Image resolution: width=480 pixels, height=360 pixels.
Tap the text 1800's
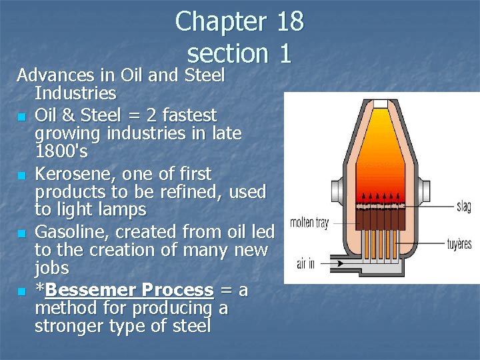tap(61, 151)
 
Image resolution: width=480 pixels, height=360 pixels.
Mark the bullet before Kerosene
tap(22, 175)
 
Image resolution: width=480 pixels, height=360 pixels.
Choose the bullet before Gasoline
tap(22, 233)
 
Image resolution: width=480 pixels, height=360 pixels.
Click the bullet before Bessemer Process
tap(22, 291)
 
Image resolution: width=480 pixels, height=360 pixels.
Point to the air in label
tap(305, 264)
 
